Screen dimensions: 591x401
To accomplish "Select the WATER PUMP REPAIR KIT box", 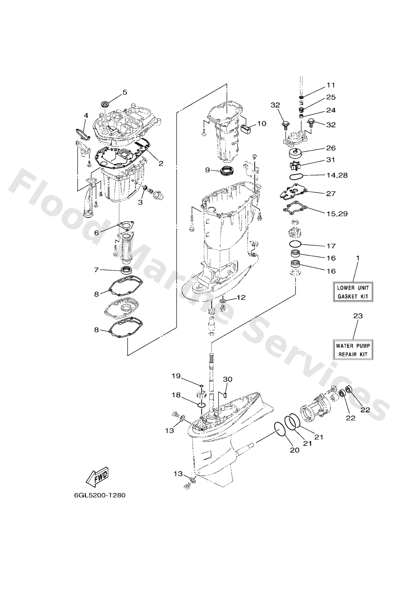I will pos(353,350).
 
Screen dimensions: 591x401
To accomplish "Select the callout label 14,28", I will pos(337,175).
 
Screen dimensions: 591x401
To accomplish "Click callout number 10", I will pos(261,124).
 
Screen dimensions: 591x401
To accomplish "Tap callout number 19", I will pos(176,376).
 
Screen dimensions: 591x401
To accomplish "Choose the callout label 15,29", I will pos(337,213).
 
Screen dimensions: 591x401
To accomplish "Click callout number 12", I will pos(241,297).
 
